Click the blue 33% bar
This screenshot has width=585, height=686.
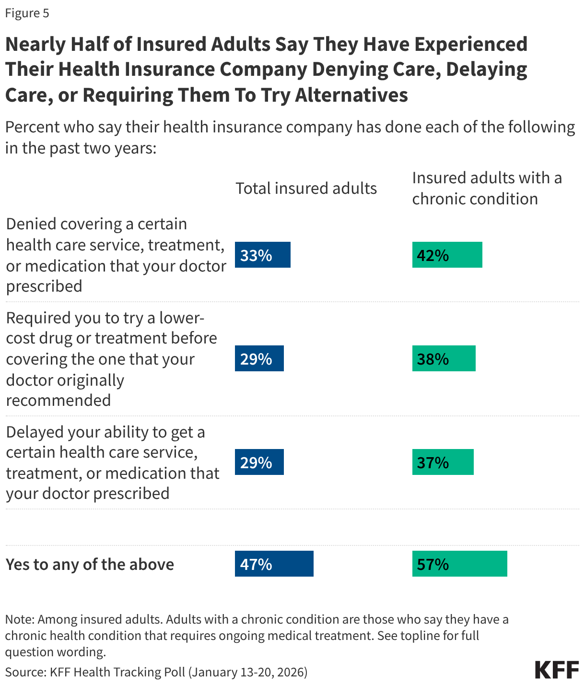[x=262, y=255]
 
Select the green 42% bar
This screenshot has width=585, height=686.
[x=447, y=255]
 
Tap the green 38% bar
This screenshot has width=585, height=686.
[x=444, y=358]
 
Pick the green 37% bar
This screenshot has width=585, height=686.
[x=443, y=462]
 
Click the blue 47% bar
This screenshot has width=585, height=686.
[x=274, y=564]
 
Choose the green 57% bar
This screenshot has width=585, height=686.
[x=459, y=564]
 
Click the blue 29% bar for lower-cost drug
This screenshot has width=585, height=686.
[x=259, y=358]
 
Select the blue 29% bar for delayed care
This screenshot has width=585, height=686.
[x=259, y=462]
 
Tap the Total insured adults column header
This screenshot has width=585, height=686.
[x=306, y=189]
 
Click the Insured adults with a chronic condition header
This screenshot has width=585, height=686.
[x=486, y=188]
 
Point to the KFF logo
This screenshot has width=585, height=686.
[x=557, y=670]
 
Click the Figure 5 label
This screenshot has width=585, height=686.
[x=27, y=13]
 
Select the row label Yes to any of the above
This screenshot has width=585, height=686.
[x=90, y=564]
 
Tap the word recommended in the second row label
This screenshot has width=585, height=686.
[x=58, y=400]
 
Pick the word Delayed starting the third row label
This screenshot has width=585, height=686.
[x=35, y=432]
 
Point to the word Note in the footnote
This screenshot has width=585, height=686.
[x=19, y=619]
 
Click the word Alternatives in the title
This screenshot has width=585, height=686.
[x=351, y=95]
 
